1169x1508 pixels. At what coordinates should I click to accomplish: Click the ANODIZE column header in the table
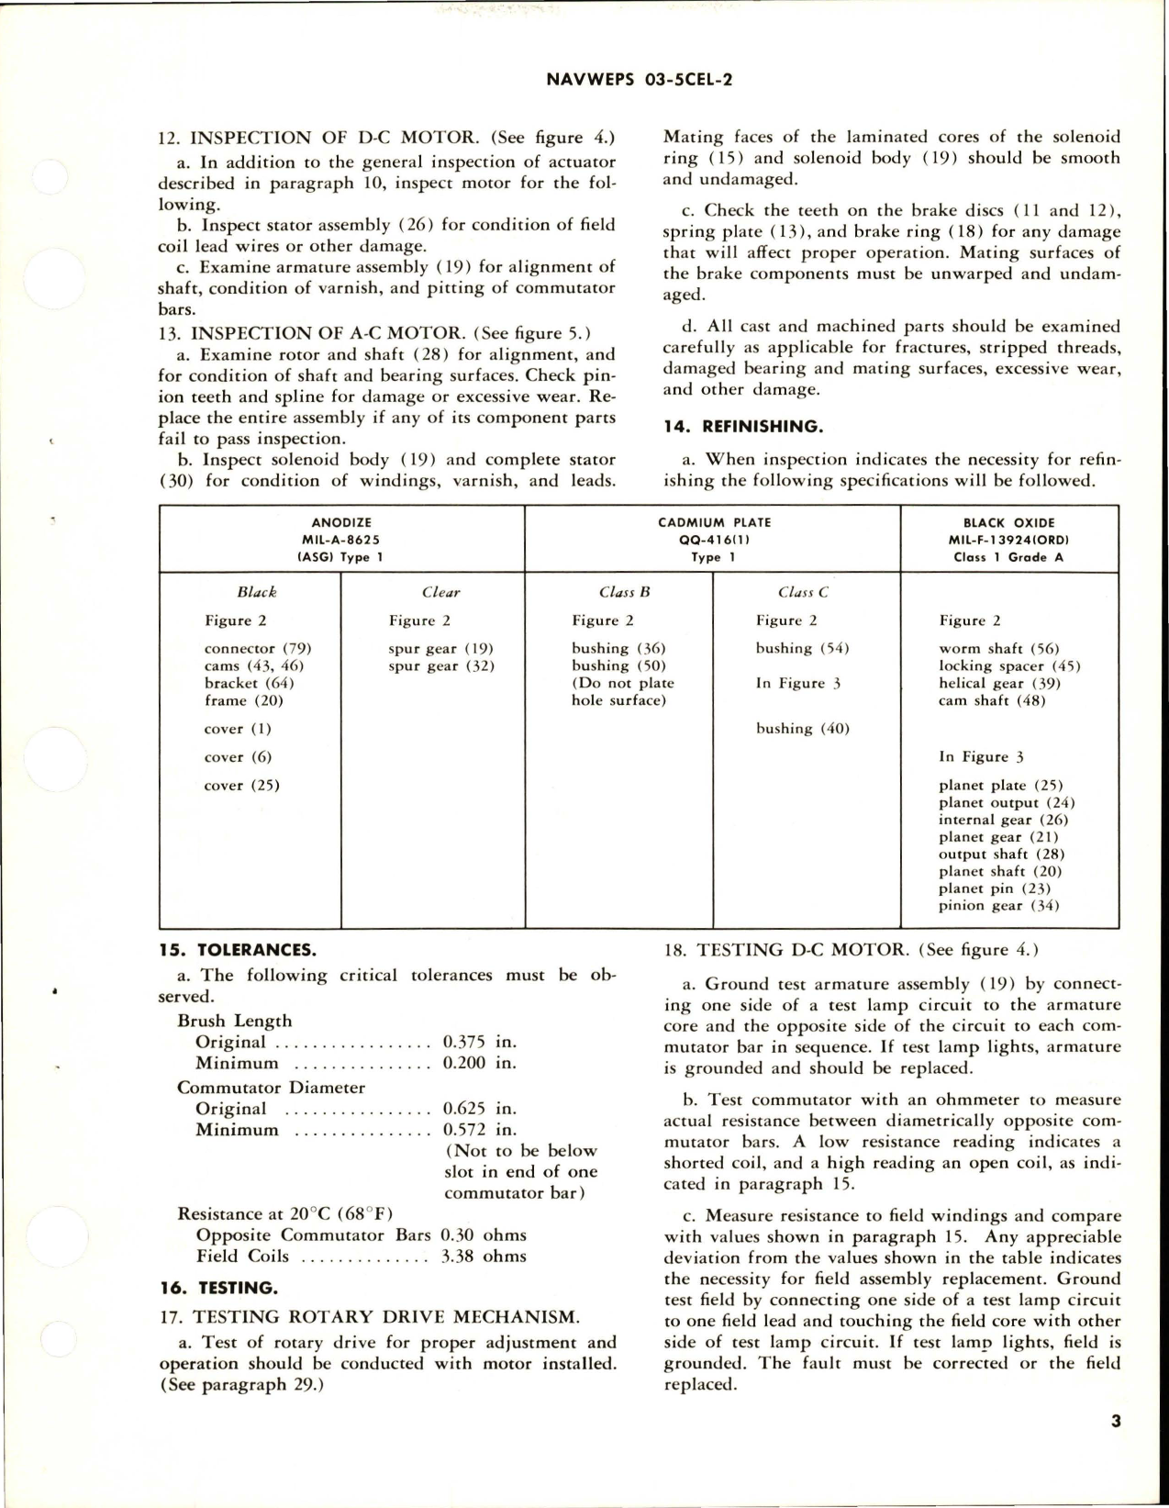341,522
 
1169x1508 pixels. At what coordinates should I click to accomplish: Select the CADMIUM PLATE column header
714,522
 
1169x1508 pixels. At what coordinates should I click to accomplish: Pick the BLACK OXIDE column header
1009,522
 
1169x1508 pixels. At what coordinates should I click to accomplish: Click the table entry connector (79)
258,648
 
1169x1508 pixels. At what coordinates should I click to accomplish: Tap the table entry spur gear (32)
441,665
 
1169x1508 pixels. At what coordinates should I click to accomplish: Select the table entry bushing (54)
802,648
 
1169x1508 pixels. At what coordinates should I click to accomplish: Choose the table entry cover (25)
242,786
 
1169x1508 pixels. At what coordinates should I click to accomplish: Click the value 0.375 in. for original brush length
479,1042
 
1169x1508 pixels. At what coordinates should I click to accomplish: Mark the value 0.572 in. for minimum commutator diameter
479,1130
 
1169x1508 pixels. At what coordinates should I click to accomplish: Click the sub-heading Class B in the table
624,593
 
